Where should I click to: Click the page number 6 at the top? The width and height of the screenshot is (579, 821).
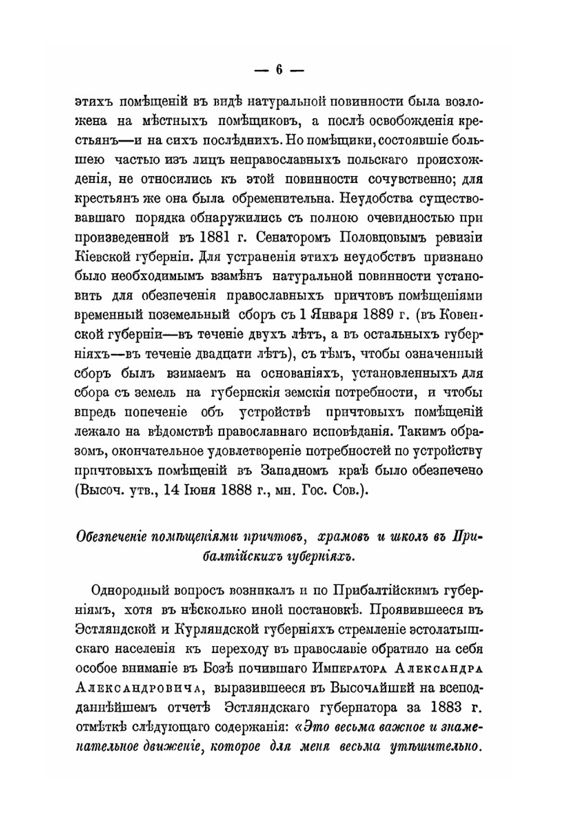point(278,69)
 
